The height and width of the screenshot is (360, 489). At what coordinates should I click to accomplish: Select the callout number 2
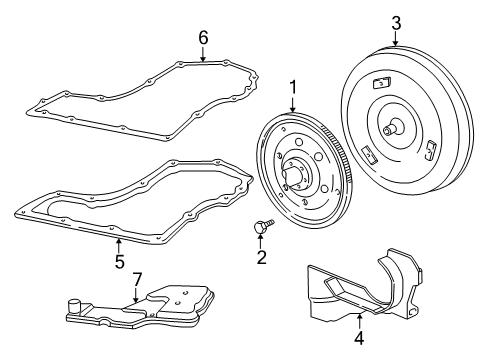pyautogui.click(x=262, y=258)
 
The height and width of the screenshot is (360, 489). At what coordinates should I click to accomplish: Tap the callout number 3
pyautogui.click(x=396, y=22)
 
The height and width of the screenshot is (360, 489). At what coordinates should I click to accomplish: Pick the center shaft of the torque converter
pyautogui.click(x=389, y=128)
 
